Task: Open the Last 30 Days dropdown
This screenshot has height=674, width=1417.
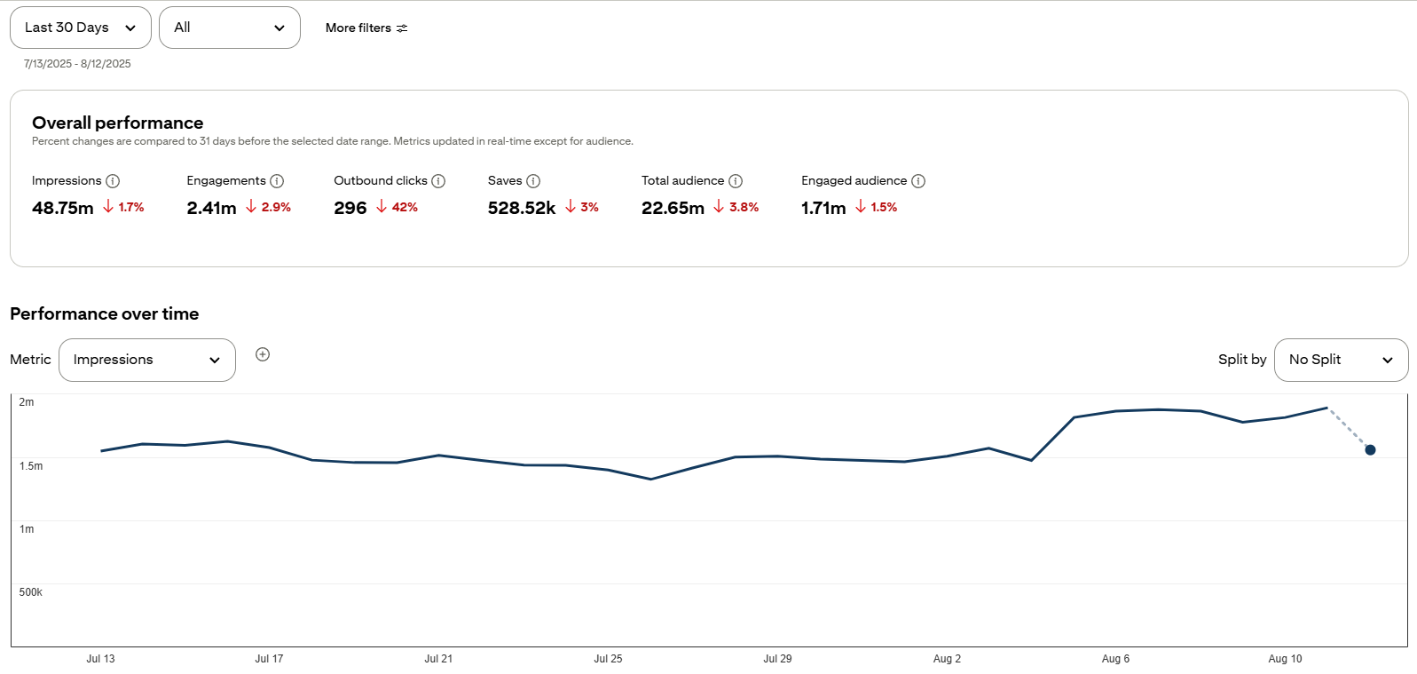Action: click(x=81, y=28)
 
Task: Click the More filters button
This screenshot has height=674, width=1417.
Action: click(x=366, y=28)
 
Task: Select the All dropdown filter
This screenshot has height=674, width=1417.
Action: click(x=230, y=28)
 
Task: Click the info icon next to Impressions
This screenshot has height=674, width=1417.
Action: click(x=113, y=182)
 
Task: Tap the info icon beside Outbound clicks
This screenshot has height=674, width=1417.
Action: click(x=438, y=182)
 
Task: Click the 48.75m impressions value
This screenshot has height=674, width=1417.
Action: click(x=63, y=208)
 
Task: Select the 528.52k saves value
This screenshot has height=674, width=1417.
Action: click(x=521, y=208)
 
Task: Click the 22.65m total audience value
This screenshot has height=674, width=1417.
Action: click(x=673, y=208)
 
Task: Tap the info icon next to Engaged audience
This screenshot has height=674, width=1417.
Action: click(x=918, y=182)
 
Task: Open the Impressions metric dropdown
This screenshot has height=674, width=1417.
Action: click(x=147, y=361)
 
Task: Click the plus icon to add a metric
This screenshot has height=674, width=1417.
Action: click(x=263, y=354)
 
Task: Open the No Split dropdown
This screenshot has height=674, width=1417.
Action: click(x=1341, y=361)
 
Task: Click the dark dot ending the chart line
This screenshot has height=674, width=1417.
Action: click(x=1370, y=450)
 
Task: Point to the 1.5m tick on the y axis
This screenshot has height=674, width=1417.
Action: click(x=31, y=466)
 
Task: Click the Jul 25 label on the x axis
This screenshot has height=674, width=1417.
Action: click(x=608, y=659)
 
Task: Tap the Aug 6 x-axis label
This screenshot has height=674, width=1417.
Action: click(x=1115, y=659)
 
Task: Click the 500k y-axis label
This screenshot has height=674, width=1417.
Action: click(x=31, y=592)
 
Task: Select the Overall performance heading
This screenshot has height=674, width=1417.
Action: click(x=118, y=123)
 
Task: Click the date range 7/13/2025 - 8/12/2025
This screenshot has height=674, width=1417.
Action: click(x=77, y=64)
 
